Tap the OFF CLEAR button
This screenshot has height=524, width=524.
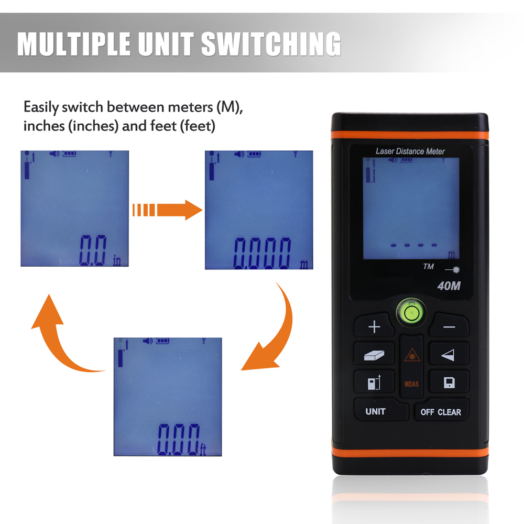point(441,412)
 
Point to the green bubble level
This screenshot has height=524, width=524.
point(411,314)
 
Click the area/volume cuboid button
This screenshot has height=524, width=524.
point(374,355)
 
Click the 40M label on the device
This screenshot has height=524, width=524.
point(448,286)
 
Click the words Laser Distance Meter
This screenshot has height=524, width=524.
point(410,151)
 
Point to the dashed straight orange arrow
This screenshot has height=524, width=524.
point(167,210)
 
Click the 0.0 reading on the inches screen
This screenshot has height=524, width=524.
point(93,250)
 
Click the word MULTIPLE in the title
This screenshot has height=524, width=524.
point(71,43)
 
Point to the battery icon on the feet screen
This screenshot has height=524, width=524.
point(162,341)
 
